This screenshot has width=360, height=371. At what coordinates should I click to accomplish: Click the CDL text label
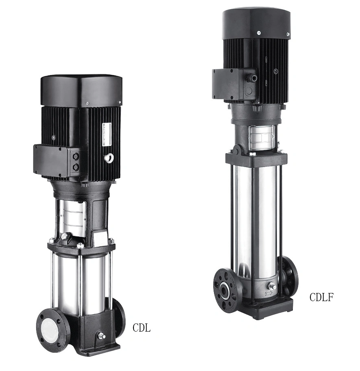click(142, 328)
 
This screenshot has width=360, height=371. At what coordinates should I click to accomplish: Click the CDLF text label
click(321, 297)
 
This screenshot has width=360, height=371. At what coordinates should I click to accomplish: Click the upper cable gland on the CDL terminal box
click(76, 156)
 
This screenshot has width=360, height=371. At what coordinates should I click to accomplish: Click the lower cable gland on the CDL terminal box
click(76, 167)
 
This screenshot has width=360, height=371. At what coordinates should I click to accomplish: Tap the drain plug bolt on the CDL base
click(101, 336)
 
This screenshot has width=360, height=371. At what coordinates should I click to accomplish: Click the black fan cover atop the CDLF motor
click(256, 23)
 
